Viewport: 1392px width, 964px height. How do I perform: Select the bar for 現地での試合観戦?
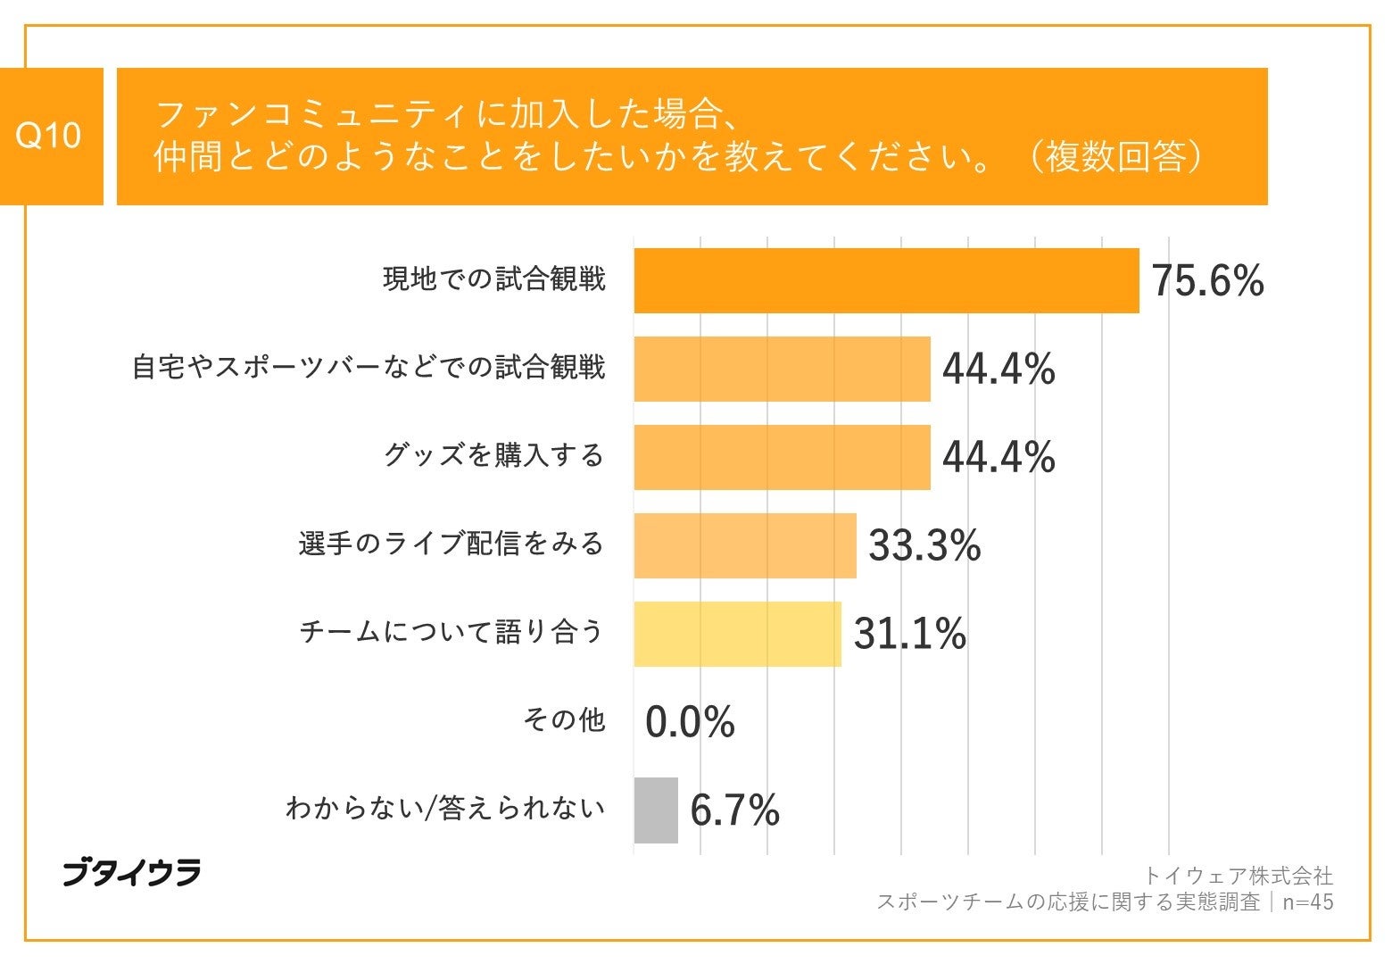[x=886, y=280]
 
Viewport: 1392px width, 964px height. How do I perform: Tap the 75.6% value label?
[x=1207, y=280]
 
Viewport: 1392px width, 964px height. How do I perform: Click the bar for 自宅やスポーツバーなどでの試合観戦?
[x=782, y=369]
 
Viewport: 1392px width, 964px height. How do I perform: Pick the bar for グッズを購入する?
[x=782, y=457]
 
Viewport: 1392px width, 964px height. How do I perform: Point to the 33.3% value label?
[x=924, y=545]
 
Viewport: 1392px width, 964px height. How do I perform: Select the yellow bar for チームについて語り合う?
[x=737, y=634]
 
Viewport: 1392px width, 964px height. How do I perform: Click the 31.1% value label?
[x=909, y=634]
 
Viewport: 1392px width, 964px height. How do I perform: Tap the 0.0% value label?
[x=690, y=721]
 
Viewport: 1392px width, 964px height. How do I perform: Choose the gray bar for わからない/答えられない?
[x=656, y=810]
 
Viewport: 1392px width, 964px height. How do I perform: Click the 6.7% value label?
[x=734, y=810]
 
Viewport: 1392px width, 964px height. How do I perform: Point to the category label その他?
[x=564, y=719]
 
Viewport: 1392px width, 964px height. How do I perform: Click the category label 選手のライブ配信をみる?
[x=452, y=544]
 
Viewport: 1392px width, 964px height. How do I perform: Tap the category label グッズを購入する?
[x=494, y=456]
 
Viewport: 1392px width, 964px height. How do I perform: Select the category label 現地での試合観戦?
[x=494, y=279]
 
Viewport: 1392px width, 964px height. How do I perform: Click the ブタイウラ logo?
[x=131, y=872]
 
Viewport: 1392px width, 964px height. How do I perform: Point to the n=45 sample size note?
[x=1308, y=902]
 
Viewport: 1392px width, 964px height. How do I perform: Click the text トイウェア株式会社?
[x=1238, y=876]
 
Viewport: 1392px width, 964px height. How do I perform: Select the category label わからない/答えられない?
[x=445, y=809]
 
